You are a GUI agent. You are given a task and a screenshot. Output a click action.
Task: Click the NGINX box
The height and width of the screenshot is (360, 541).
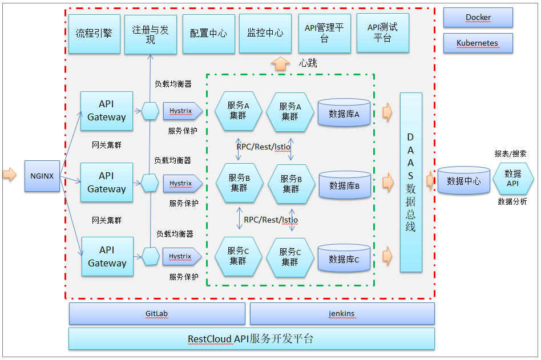tap(42, 176)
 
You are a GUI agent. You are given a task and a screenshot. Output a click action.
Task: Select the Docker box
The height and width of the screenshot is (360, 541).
tap(478, 18)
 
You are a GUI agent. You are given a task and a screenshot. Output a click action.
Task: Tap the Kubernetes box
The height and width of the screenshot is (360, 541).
tap(478, 43)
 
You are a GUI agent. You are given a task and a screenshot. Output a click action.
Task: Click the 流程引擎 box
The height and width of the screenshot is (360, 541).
tap(94, 34)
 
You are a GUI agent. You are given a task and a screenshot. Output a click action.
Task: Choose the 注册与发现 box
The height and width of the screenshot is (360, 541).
tap(151, 34)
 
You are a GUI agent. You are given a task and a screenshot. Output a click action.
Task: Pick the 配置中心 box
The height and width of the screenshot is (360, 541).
tap(208, 34)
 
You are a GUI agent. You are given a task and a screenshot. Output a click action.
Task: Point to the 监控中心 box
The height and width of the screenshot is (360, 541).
tap(265, 34)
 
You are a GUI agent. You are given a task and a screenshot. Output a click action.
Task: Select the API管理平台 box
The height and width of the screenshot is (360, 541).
tap(324, 34)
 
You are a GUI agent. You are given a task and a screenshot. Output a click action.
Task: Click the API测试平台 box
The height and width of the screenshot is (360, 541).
tap(382, 33)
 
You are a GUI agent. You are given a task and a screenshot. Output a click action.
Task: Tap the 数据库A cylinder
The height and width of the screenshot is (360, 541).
tap(345, 113)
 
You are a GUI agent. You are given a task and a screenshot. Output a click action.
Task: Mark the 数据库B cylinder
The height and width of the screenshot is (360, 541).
tap(345, 185)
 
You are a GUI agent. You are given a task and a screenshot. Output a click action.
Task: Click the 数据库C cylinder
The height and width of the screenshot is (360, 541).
tap(344, 259)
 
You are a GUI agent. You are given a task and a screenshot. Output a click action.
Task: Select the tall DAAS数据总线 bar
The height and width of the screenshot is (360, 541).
tap(411, 182)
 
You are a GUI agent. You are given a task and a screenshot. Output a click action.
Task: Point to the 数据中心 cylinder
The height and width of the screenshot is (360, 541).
tap(463, 181)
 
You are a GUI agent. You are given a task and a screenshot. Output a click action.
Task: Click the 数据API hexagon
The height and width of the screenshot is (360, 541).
tap(512, 179)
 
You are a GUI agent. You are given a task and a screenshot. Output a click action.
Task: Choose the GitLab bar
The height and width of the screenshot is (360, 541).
tap(157, 314)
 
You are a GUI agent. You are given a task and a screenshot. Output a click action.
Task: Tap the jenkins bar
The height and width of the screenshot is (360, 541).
tap(342, 314)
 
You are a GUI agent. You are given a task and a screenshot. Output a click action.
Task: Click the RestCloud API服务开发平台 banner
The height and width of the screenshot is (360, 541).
tap(251, 338)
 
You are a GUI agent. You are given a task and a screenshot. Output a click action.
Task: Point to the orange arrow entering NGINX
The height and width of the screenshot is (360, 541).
tap(10, 175)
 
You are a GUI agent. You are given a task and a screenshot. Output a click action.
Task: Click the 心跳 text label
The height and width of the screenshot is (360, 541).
tap(308, 63)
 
